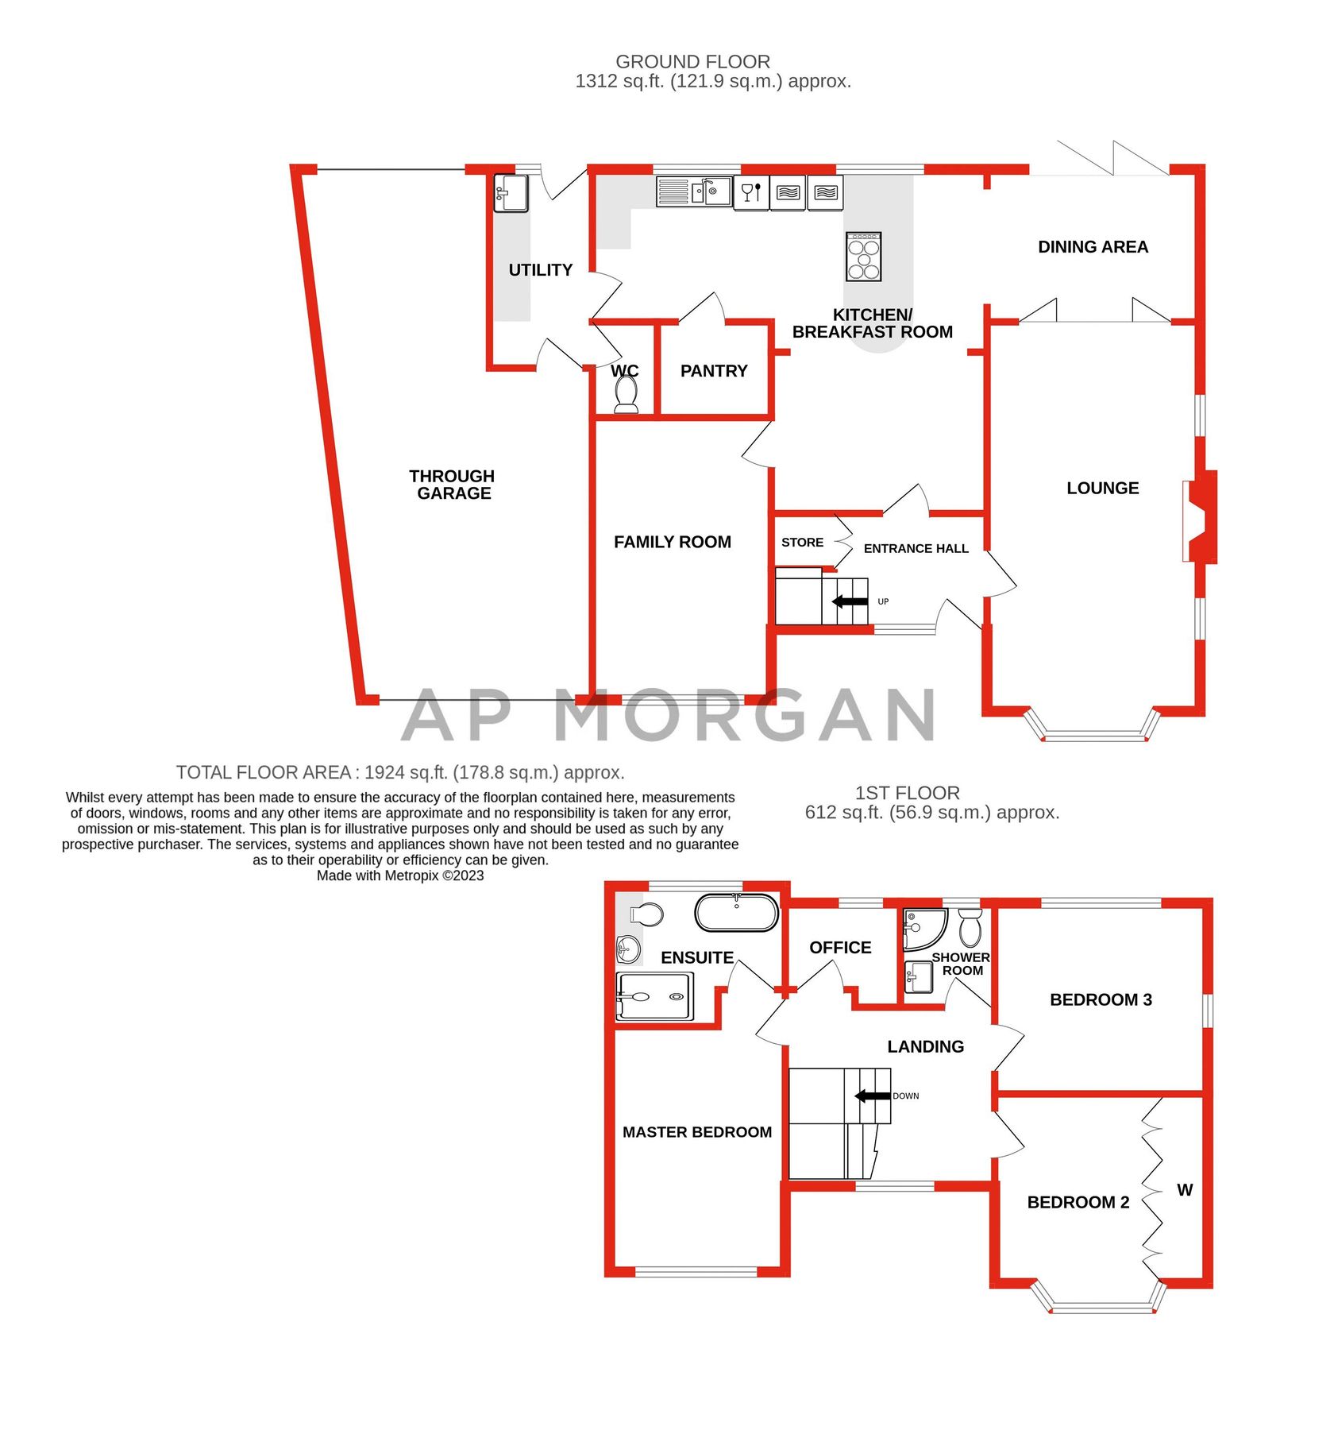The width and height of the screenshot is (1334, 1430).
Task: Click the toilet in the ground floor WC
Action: pyautogui.click(x=627, y=393)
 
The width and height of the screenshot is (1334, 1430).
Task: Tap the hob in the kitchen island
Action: pyautogui.click(x=864, y=257)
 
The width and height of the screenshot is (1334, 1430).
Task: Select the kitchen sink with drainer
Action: pyautogui.click(x=694, y=191)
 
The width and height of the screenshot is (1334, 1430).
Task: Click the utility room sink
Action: pyautogui.click(x=511, y=193)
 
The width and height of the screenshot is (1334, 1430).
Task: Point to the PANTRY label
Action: pyautogui.click(x=714, y=371)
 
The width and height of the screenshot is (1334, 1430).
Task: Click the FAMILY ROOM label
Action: pyautogui.click(x=673, y=542)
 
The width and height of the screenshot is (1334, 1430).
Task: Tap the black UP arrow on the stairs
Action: pyautogui.click(x=850, y=601)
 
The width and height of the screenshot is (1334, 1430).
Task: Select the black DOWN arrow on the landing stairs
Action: pyautogui.click(x=872, y=1096)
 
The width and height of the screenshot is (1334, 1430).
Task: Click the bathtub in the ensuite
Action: pyautogui.click(x=736, y=913)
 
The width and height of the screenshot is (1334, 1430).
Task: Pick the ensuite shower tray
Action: pyautogui.click(x=654, y=996)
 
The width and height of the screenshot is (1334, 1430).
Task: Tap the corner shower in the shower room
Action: pyautogui.click(x=923, y=929)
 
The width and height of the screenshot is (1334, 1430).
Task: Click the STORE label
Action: pyautogui.click(x=802, y=543)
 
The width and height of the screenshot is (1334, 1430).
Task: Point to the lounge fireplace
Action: pyautogui.click(x=1199, y=516)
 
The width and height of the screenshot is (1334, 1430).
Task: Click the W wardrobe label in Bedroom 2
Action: pyautogui.click(x=1185, y=1190)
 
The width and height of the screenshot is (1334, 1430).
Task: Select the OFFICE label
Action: pyautogui.click(x=840, y=948)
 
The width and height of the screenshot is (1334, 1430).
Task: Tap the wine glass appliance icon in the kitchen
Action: pyautogui.click(x=751, y=192)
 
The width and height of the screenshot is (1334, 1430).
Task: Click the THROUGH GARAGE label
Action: pyautogui.click(x=453, y=485)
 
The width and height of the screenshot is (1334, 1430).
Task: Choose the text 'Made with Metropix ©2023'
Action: pyautogui.click(x=400, y=875)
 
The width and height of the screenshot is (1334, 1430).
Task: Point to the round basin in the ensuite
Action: pyautogui.click(x=628, y=949)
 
